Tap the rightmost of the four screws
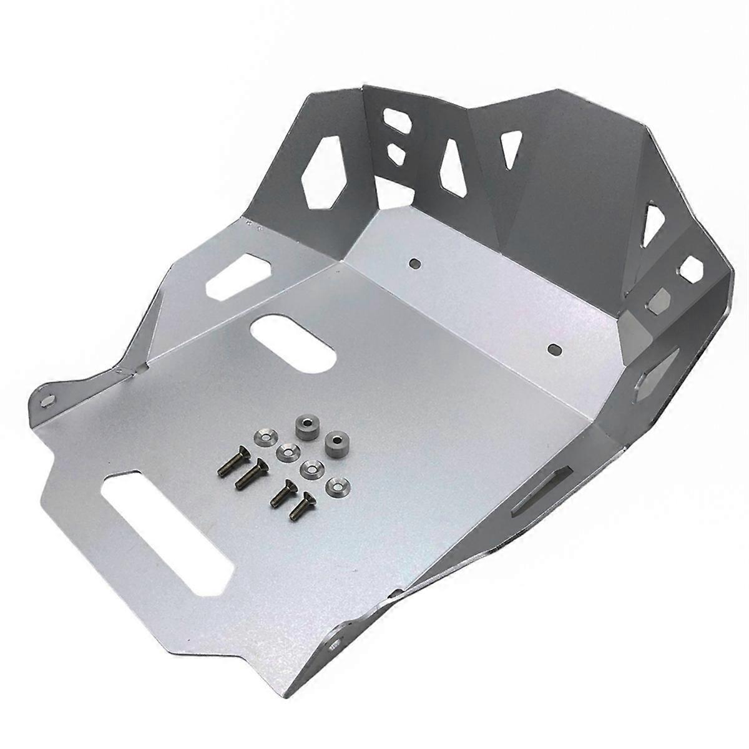pyautogui.click(x=300, y=506)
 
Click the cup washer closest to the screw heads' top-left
pyautogui.click(x=263, y=436)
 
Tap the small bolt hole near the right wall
pyautogui.click(x=552, y=348)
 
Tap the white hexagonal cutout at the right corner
pyautogui.click(x=692, y=270)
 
